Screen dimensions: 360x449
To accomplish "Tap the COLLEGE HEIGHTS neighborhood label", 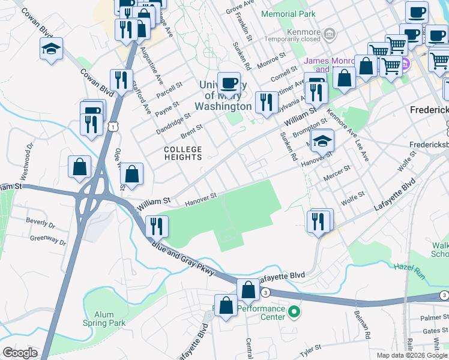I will pyautogui.click(x=184, y=153).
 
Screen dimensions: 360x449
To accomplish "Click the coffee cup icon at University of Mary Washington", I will pyautogui.click(x=228, y=82).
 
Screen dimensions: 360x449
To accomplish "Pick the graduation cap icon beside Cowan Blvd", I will pyautogui.click(x=52, y=49).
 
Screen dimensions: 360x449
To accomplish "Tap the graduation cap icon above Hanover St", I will pyautogui.click(x=322, y=140).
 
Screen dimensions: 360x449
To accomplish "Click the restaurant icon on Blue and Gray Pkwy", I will pyautogui.click(x=156, y=226).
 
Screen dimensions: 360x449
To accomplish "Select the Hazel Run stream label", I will pyautogui.click(x=408, y=265).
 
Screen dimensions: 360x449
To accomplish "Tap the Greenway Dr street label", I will pyautogui.click(x=48, y=239).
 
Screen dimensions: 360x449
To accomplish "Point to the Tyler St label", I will pyautogui.click(x=311, y=347).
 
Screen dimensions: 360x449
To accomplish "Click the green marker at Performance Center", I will pyautogui.click(x=294, y=311).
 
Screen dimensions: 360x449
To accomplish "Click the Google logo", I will pyautogui.click(x=20, y=353).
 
